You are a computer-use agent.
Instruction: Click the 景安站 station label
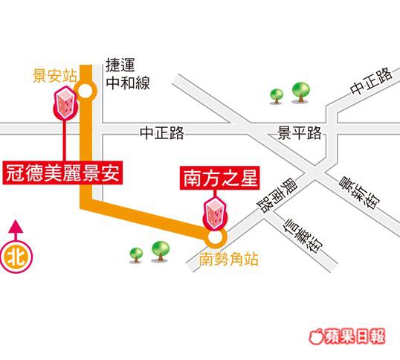tap(55, 76)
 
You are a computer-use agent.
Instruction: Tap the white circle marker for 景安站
tap(86, 90)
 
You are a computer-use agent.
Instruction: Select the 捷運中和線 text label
tap(128, 74)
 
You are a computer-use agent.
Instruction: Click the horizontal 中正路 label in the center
tap(162, 133)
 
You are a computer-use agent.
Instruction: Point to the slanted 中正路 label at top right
tap(371, 80)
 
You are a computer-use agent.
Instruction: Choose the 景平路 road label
tap(299, 133)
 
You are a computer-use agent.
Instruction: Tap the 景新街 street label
tap(359, 193)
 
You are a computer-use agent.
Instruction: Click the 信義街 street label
tap(303, 236)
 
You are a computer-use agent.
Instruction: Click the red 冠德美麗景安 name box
tap(62, 173)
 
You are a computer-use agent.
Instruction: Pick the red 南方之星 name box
tap(219, 178)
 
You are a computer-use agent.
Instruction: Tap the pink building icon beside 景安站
tap(65, 103)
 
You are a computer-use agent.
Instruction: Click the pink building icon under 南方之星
tap(215, 213)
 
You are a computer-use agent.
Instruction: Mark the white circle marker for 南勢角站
tap(215, 237)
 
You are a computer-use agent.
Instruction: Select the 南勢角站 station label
tap(228, 260)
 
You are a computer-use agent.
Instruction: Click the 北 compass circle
tap(16, 257)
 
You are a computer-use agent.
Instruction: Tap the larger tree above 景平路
tap(301, 92)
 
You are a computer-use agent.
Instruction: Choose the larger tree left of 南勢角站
tap(160, 251)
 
